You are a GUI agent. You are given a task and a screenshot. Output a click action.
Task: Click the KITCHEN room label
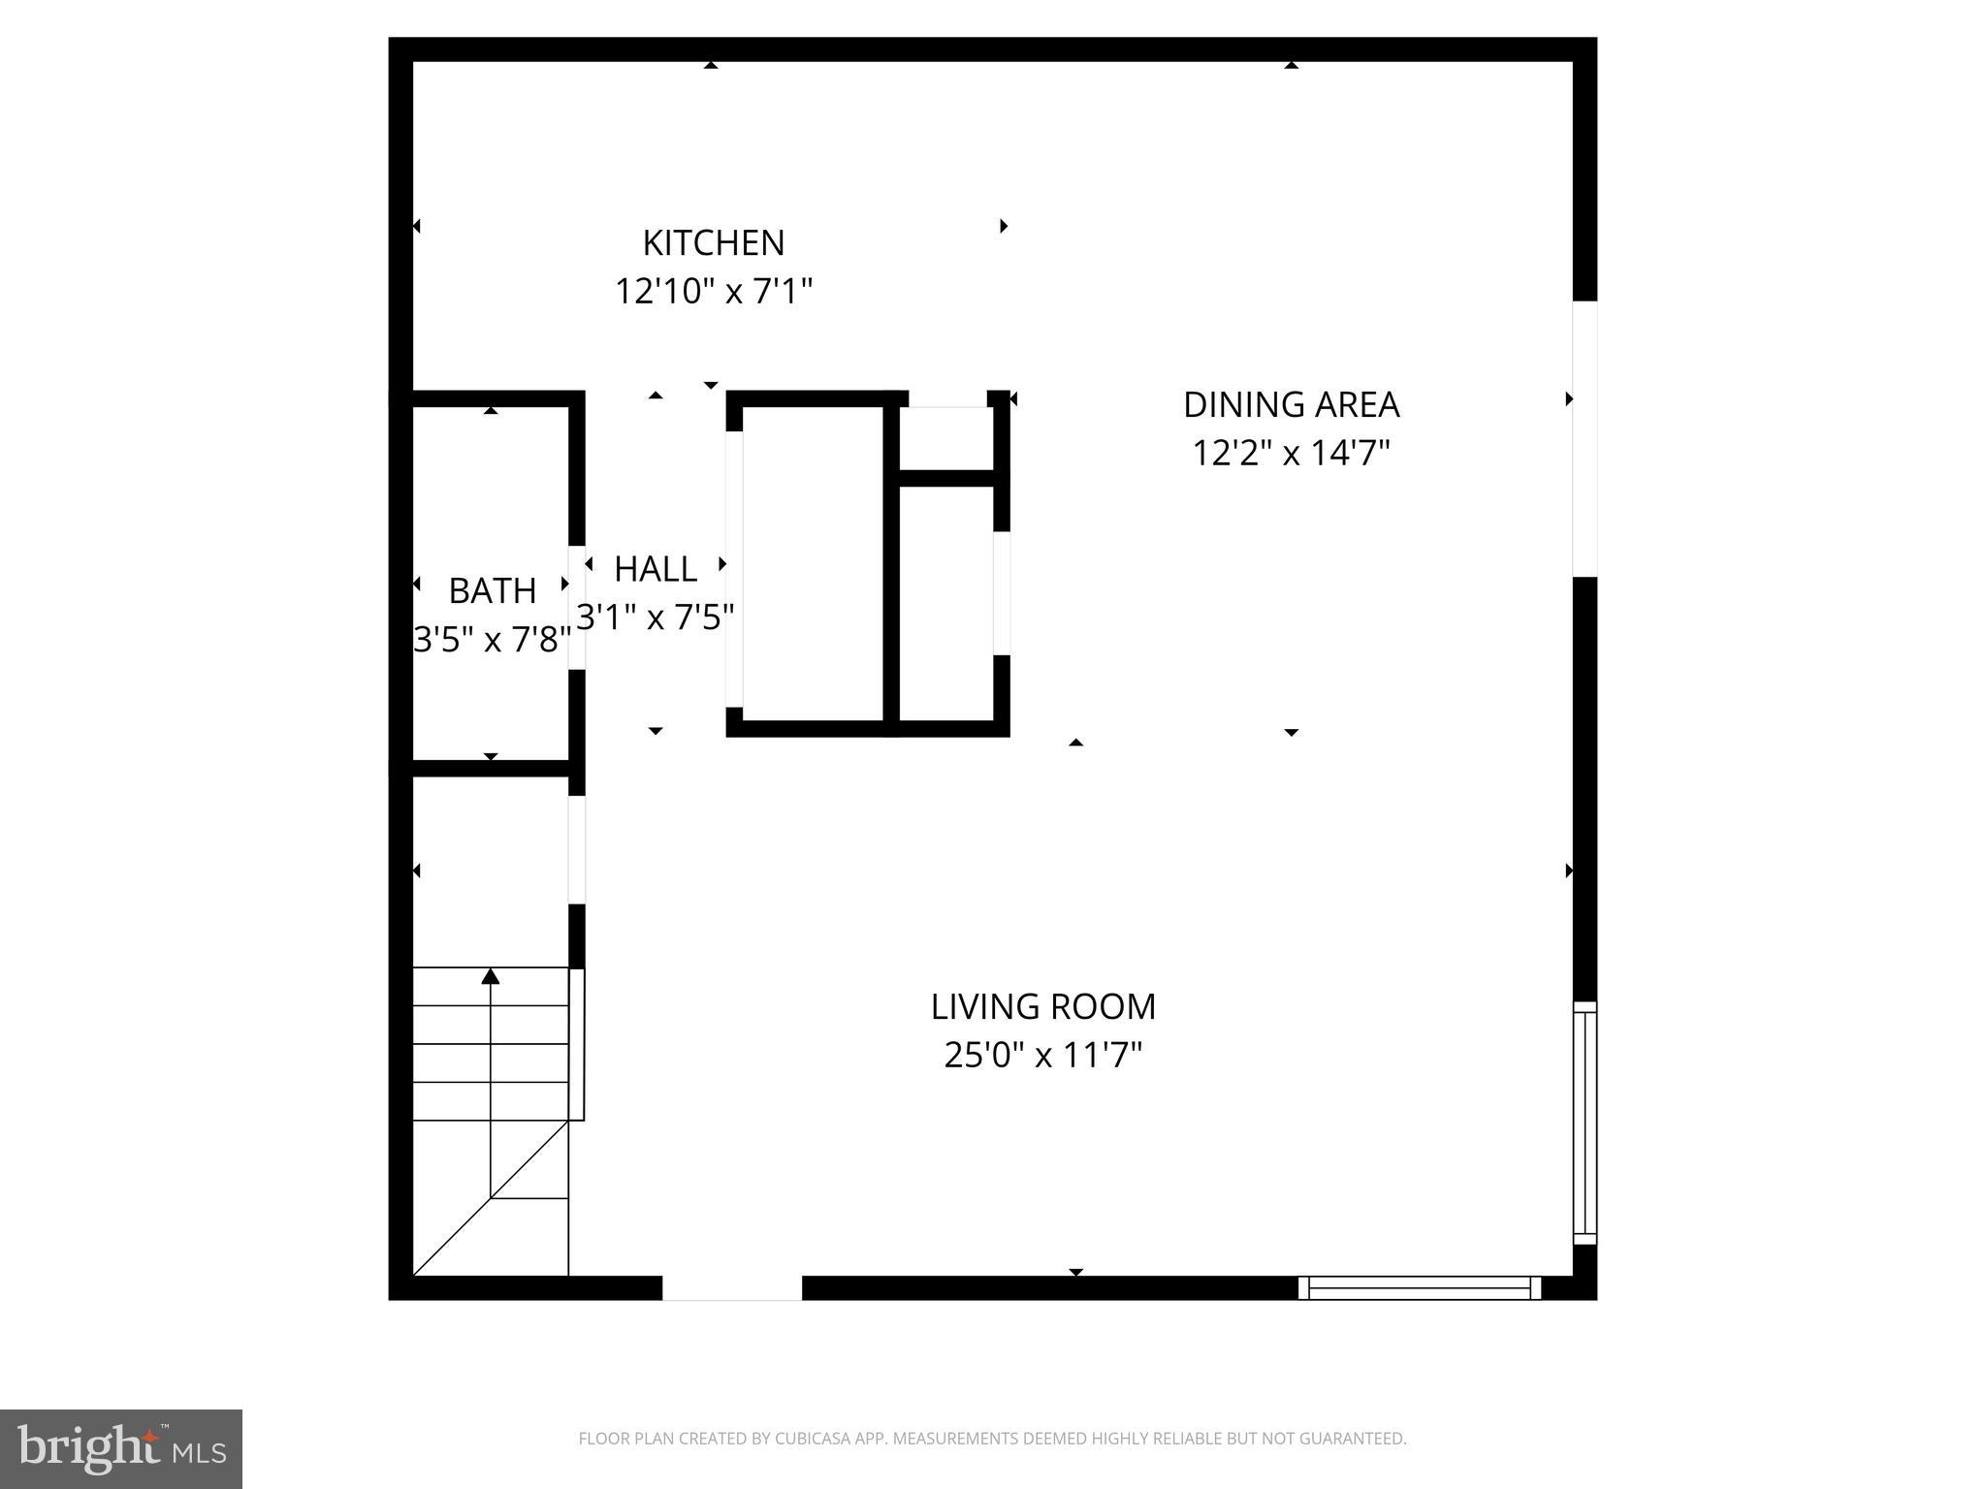[713, 242]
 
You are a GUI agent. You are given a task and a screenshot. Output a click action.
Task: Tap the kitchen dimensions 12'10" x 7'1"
[713, 291]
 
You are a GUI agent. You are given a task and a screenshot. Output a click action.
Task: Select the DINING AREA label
[1291, 404]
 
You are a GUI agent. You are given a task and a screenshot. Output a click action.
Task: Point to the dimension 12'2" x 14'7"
[1291, 453]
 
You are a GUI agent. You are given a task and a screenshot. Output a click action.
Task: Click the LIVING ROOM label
[1042, 1007]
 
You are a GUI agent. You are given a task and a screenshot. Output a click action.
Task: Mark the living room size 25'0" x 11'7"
[1042, 1055]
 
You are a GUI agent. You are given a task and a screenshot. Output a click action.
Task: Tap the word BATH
[492, 590]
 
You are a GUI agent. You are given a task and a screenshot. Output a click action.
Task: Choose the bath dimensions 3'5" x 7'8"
[492, 640]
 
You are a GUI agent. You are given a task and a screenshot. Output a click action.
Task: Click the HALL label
[656, 569]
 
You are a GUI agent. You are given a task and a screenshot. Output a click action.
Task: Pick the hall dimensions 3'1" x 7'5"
[656, 618]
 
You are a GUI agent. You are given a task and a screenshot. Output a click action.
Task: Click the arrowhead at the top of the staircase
[491, 975]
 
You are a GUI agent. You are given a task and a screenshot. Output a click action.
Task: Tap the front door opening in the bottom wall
[731, 1287]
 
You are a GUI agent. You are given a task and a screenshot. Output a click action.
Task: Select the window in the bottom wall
[1419, 1287]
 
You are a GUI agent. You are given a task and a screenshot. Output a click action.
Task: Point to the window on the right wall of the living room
[1584, 1123]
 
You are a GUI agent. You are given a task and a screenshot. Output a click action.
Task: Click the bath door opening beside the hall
[577, 608]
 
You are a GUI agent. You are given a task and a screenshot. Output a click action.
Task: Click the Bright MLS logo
[121, 1449]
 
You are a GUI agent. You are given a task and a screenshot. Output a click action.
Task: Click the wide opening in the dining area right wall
[1584, 438]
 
